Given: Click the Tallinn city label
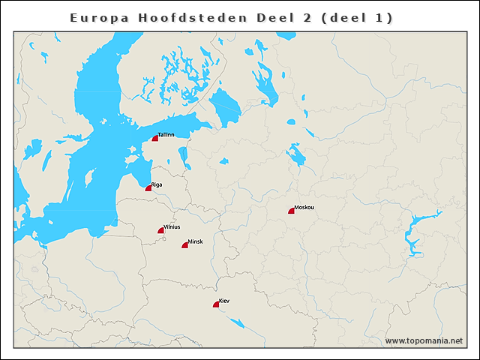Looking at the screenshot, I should coord(166,135).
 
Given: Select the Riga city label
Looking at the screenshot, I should coord(157,184).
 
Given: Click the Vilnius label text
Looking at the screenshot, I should coord(172,226).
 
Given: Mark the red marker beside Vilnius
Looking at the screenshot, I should coord(161,231).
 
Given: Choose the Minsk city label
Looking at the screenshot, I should coord(195,241).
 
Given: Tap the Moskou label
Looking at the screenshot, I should coord(304,207).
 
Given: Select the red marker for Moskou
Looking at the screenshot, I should coord(292,211).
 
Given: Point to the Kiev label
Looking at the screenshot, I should coord(224,301).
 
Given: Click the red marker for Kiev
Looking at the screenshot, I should coord(217,304).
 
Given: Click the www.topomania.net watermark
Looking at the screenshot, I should coord(424,341).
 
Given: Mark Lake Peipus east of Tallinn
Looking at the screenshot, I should coord(183,155).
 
